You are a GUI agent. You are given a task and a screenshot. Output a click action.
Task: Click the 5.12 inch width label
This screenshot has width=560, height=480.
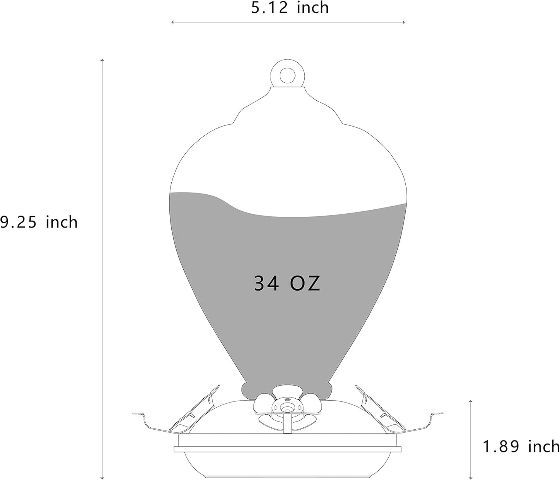point(290,8)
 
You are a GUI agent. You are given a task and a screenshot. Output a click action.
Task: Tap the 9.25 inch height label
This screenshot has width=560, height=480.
point(39,223)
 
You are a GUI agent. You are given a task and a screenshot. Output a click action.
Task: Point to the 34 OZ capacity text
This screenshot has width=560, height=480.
point(287,284)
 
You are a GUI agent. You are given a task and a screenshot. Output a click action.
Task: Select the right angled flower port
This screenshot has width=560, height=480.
point(377,406)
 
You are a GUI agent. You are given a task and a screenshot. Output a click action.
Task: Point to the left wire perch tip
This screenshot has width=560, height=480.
point(134,413)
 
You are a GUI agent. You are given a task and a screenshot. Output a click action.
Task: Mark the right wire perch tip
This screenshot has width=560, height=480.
point(440,413)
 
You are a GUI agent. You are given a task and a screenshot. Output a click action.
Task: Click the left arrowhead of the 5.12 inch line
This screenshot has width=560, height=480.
point(172,22)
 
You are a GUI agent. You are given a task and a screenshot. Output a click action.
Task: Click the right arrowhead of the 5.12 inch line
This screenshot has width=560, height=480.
point(403,22)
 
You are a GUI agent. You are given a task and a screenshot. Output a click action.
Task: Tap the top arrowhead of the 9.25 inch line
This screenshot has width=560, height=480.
point(102,60)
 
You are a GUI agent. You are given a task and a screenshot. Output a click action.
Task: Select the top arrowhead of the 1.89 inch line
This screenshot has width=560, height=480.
point(470,401)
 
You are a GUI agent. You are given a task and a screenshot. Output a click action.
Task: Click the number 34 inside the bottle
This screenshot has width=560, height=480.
point(266,284)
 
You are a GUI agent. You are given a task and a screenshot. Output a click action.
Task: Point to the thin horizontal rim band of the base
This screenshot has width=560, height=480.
point(287,449)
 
